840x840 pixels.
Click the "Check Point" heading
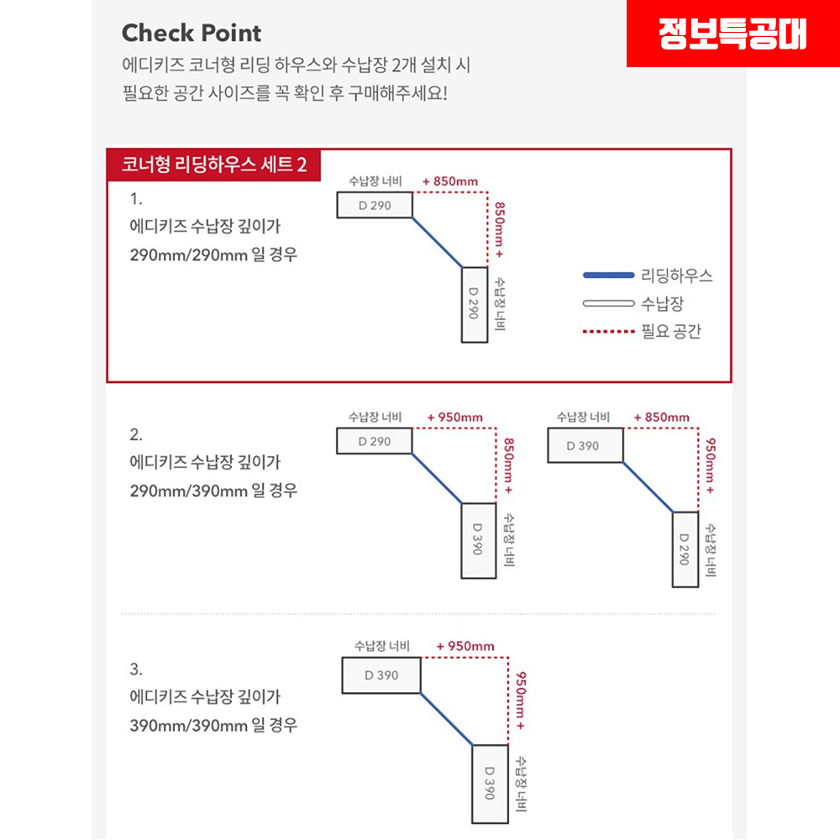coord(192,34)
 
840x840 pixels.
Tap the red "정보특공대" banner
coord(732,34)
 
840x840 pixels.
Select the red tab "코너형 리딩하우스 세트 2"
coord(213,165)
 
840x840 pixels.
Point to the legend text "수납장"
coord(662,303)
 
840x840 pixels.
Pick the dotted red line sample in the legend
coord(608,332)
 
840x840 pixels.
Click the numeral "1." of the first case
coord(137,200)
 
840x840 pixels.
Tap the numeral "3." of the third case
coord(137,669)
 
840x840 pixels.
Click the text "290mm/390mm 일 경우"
coord(213,490)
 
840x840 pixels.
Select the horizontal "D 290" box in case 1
coord(375,206)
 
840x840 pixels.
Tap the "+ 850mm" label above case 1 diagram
coord(450,181)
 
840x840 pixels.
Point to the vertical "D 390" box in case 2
coord(478,541)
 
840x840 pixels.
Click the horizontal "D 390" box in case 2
coord(585,445)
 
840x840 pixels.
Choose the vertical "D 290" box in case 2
coord(685,549)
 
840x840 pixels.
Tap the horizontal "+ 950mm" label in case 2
coord(454,417)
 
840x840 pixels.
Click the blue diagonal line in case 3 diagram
coord(446,719)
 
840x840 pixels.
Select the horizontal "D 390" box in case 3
coord(381,675)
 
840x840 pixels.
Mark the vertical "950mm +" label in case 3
coord(522,700)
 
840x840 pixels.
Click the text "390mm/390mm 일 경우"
coord(213,724)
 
